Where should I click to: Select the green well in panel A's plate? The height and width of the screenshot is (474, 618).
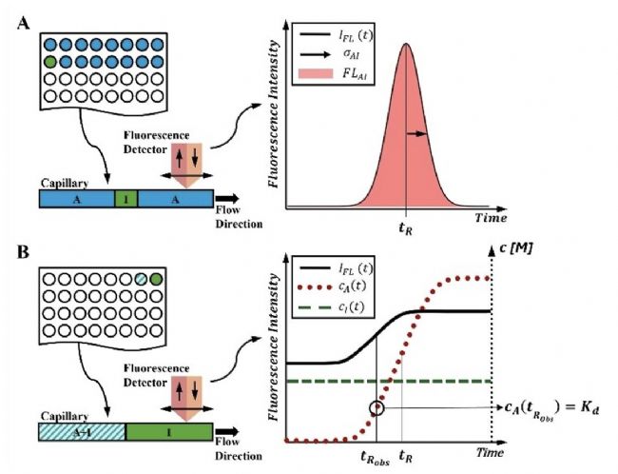point(50,61)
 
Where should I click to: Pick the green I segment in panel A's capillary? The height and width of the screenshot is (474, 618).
point(120,199)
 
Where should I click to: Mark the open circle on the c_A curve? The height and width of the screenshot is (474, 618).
point(377,407)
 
